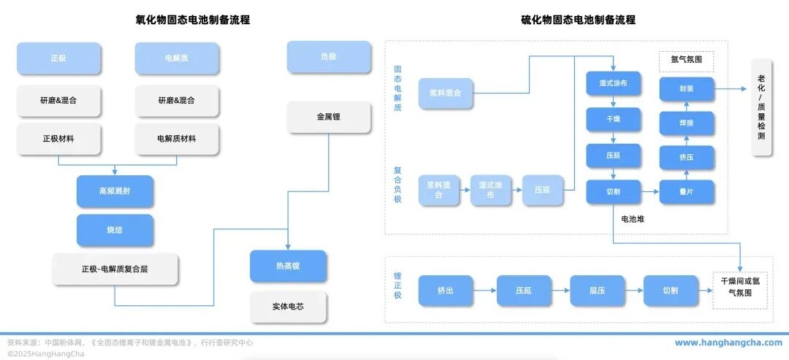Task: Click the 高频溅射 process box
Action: (115, 191)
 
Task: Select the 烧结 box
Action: (115, 230)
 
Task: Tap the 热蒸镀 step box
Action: (288, 267)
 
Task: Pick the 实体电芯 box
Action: (288, 307)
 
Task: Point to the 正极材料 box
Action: (58, 139)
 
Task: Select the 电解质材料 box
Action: (177, 139)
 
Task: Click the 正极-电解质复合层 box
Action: (115, 269)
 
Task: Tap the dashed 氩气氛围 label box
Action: (686, 61)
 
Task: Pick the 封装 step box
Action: (686, 90)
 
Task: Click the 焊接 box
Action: (686, 123)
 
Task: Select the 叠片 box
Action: (686, 192)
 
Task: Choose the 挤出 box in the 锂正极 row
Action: (445, 291)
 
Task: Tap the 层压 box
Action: (597, 291)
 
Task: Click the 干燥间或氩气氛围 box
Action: (742, 287)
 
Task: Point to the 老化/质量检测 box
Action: (761, 107)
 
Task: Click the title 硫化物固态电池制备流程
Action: (578, 20)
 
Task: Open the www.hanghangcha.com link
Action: (728, 342)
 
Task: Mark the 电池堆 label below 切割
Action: (633, 218)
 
